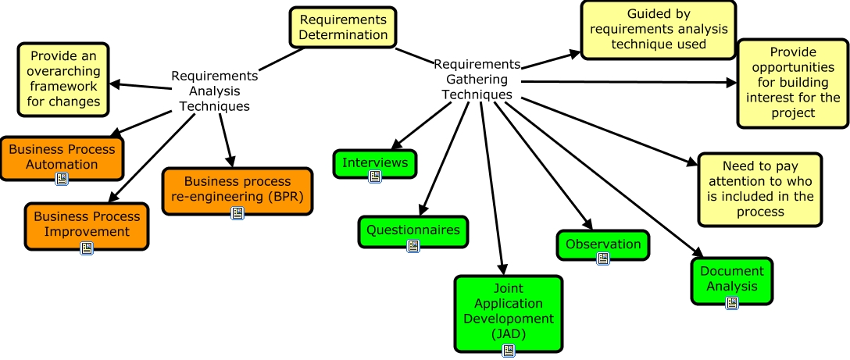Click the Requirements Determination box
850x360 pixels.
[343, 27]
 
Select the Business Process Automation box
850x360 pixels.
[62, 156]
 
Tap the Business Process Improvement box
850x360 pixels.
[87, 223]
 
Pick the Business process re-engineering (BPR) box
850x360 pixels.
[237, 188]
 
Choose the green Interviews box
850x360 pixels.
[375, 162]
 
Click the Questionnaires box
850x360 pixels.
[413, 230]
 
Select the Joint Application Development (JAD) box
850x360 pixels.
[509, 311]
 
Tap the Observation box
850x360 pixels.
[602, 244]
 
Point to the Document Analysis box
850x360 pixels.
[732, 279]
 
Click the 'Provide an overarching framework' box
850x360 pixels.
[64, 79]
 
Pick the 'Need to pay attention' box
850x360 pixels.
[759, 189]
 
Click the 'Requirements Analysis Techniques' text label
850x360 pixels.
[214, 91]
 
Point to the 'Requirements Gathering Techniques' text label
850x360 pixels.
[477, 79]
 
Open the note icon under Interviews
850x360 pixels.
[375, 176]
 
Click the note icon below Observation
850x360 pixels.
[602, 258]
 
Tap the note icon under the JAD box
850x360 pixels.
[509, 350]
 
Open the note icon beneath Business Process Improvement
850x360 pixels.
[87, 248]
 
